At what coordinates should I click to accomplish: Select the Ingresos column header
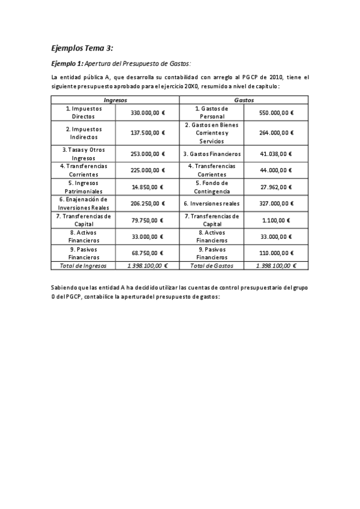(116, 100)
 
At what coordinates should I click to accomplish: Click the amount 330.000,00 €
(148, 112)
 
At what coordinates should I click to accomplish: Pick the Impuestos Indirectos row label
(83, 133)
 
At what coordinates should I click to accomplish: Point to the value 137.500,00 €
(148, 133)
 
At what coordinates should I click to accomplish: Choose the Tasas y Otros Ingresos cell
(83, 154)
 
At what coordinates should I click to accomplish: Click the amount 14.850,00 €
(148, 187)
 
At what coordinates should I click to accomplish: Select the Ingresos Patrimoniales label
(83, 187)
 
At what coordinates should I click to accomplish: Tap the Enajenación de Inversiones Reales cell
(83, 203)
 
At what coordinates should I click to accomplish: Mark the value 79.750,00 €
(148, 220)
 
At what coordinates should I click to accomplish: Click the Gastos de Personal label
(212, 112)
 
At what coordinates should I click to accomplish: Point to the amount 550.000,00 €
(275, 112)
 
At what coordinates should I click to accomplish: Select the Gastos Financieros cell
(212, 154)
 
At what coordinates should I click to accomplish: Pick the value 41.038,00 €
(275, 154)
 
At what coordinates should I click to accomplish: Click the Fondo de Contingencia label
(212, 187)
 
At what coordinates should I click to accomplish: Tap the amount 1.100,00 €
(275, 220)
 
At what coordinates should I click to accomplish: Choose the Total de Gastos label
(212, 265)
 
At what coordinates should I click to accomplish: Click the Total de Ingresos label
(83, 265)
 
